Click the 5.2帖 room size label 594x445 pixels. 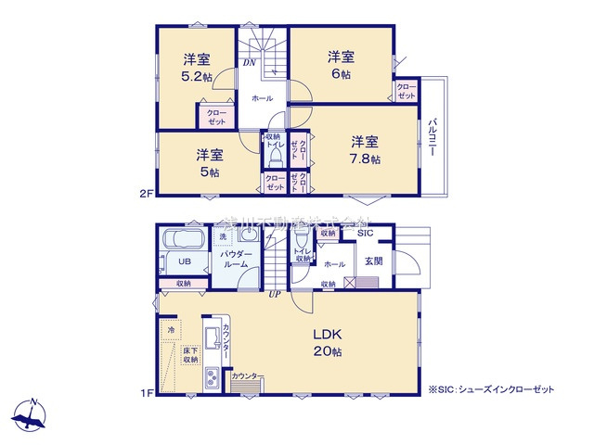197,77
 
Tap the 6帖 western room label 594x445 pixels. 340,73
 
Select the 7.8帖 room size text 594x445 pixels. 364,159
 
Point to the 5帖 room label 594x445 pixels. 209,172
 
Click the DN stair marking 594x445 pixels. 250,63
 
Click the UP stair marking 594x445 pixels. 275,295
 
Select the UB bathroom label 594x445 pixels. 185,261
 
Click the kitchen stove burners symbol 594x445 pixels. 211,378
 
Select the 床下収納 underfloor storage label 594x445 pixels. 189,355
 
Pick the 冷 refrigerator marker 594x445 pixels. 171,329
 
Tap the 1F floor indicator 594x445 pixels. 146,393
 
